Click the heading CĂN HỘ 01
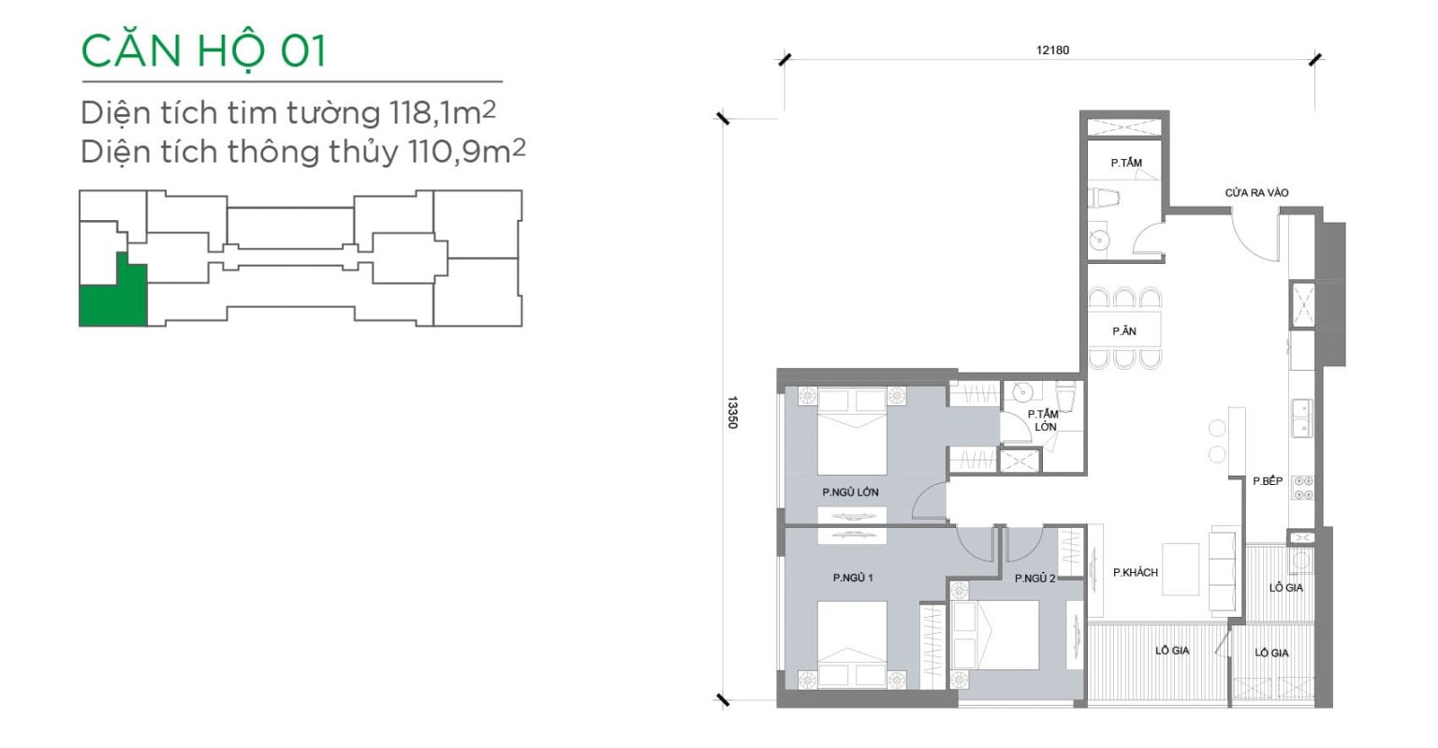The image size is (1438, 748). (x=203, y=51)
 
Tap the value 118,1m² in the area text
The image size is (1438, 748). (x=442, y=112)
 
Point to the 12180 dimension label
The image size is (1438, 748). (x=1053, y=50)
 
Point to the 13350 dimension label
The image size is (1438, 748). (x=732, y=412)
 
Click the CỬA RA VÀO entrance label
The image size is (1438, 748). (x=1256, y=193)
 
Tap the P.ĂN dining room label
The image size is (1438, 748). (x=1124, y=331)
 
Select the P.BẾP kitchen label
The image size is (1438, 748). (x=1268, y=481)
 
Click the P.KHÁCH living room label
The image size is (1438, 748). (x=1135, y=572)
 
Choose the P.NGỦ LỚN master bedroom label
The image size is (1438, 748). (x=850, y=492)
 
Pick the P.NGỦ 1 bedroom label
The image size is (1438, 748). (x=853, y=578)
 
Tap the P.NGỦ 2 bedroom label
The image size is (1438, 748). (x=1034, y=579)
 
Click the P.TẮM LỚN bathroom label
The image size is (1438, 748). (x=1043, y=420)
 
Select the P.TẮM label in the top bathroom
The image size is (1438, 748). (x=1126, y=163)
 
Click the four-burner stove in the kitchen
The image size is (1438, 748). (x=1302, y=488)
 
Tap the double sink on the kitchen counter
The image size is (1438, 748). (x=1302, y=418)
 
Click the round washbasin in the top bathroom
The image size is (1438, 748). (x=1100, y=241)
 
